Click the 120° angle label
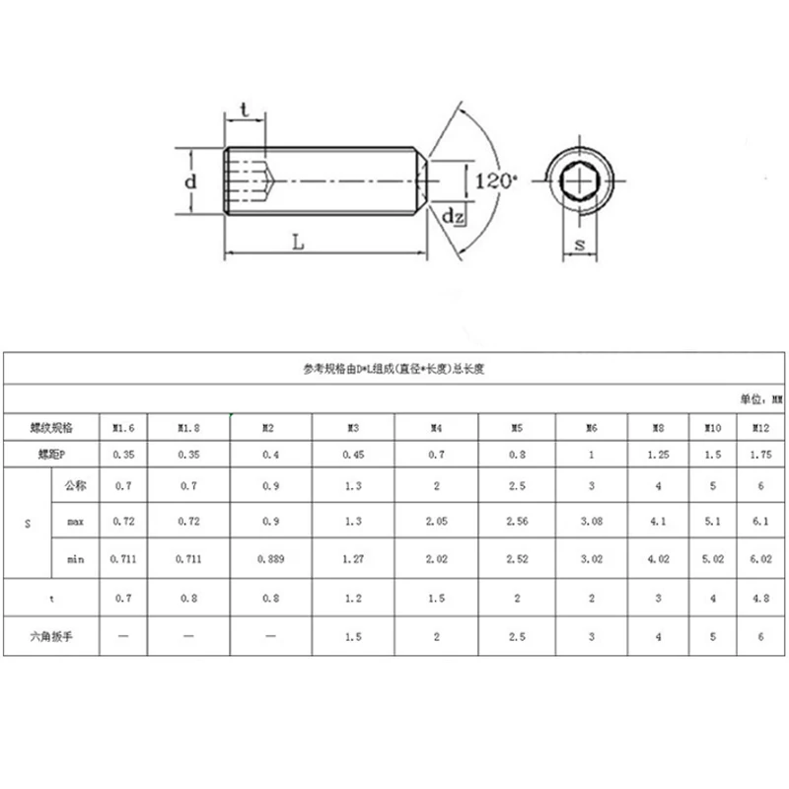pyautogui.click(x=496, y=181)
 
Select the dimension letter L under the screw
pyautogui.click(x=299, y=243)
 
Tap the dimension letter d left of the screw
pyautogui.click(x=190, y=181)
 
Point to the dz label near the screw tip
pyautogui.click(x=453, y=216)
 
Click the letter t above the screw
pyautogui.click(x=245, y=109)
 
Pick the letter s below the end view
pyautogui.click(x=580, y=245)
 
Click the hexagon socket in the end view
pyautogui.click(x=579, y=180)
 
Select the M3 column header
pyautogui.click(x=353, y=428)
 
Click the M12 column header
pyautogui.click(x=760, y=428)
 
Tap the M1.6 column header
pyautogui.click(x=123, y=428)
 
